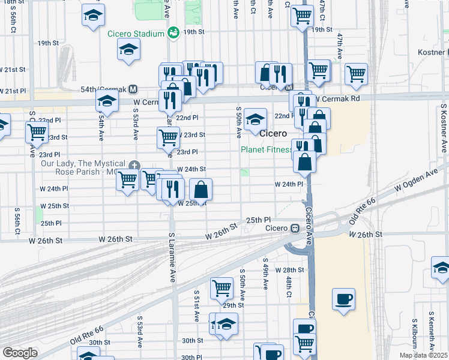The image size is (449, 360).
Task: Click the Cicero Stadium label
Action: tap(136, 34)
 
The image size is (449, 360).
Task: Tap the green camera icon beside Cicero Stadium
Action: tap(173, 32)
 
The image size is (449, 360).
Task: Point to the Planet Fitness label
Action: tap(266, 150)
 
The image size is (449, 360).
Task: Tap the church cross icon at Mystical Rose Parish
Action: tap(134, 165)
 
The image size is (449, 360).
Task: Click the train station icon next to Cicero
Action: tap(295, 228)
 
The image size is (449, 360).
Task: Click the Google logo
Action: tap(20, 352)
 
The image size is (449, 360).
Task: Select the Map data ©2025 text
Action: tap(423, 355)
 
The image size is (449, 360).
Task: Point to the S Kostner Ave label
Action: tap(444, 130)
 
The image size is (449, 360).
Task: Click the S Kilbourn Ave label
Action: tap(431, 331)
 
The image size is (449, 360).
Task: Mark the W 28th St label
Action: tap(291, 271)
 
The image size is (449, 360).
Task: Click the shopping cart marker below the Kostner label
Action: tap(356, 74)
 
